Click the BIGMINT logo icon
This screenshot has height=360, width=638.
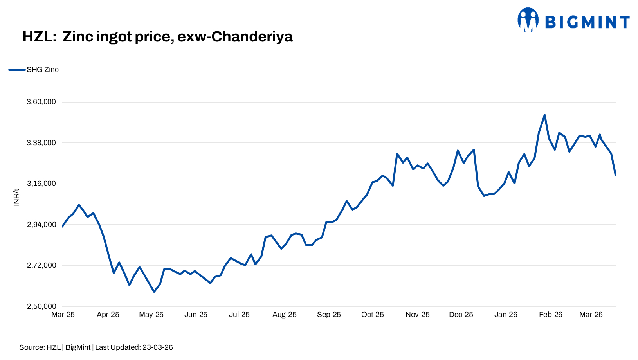coord(528,20)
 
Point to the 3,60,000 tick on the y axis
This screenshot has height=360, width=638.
coord(41,102)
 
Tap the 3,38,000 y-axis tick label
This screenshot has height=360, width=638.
coord(41,143)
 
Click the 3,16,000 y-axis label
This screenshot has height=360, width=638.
coord(41,184)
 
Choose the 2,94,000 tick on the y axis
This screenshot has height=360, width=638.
coord(41,225)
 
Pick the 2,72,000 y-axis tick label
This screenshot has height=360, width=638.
coord(41,265)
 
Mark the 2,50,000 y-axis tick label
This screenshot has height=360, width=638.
coord(41,306)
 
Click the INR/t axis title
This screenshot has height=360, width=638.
coord(16,197)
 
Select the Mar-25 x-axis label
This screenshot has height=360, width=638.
coord(63,315)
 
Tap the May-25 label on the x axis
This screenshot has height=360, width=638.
coord(151,315)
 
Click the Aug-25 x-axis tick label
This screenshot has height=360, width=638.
coord(285,315)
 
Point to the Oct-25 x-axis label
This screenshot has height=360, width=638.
coord(373,315)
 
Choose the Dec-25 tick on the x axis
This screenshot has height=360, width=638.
coord(461,315)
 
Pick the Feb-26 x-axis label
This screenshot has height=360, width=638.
coord(551,315)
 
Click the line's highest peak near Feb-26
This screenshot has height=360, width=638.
coord(544,115)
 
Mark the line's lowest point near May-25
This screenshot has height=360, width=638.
coord(154,292)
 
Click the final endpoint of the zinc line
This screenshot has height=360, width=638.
coord(616,175)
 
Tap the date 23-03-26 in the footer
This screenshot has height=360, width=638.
coord(157,347)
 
